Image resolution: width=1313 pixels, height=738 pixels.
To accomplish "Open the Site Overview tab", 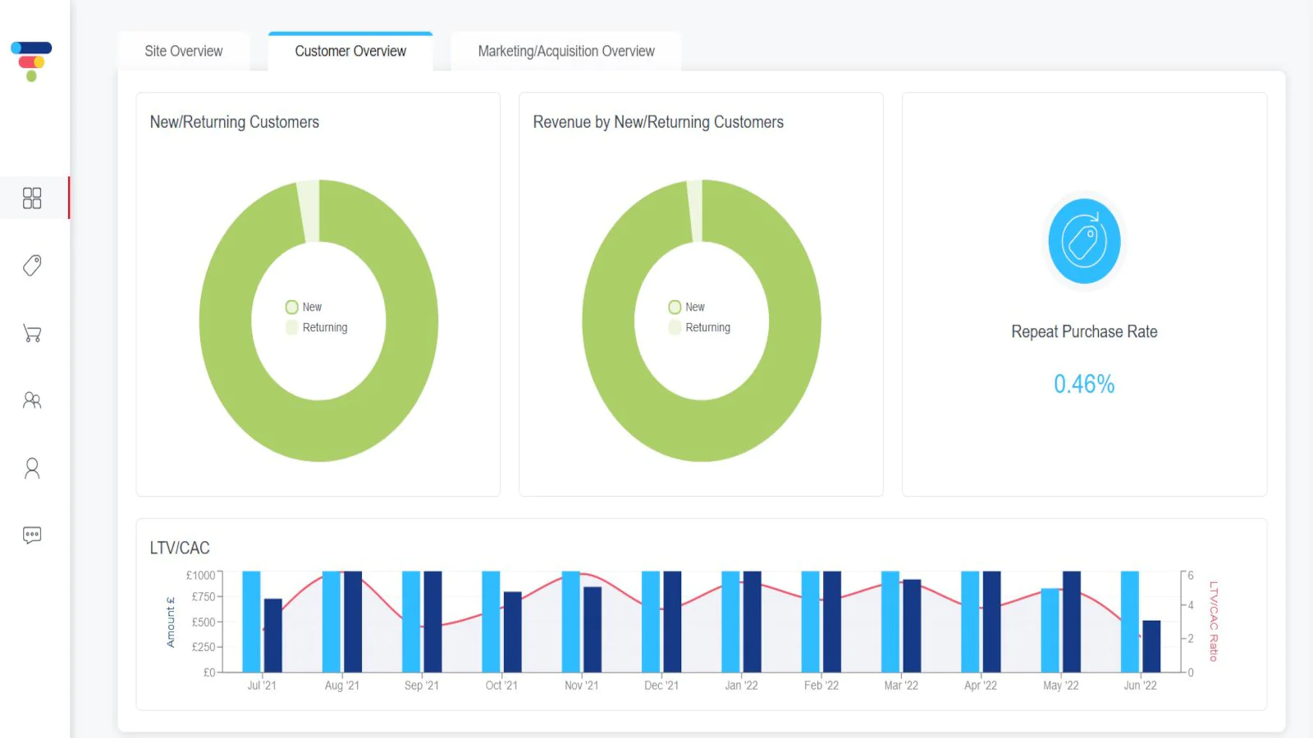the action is click(184, 51).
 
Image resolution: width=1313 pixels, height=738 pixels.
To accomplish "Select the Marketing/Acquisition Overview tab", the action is click(566, 51).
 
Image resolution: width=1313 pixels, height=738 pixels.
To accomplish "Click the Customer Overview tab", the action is click(350, 51).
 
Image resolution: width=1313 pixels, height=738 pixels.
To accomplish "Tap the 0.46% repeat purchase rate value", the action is click(1084, 385).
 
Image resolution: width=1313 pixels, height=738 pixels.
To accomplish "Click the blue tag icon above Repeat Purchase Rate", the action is click(1084, 241).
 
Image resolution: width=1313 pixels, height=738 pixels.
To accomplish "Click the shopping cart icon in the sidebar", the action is click(32, 333).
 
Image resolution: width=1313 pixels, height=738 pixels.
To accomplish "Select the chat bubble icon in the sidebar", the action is click(32, 535).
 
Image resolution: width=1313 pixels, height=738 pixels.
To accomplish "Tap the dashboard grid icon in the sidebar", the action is click(32, 198).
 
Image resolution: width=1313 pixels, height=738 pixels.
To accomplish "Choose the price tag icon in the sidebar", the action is click(32, 266).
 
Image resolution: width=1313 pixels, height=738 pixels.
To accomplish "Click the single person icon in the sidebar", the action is click(32, 468).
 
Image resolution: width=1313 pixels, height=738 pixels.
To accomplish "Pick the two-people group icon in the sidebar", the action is click(32, 400).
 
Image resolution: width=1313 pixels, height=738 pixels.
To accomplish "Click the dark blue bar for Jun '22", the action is click(1151, 646).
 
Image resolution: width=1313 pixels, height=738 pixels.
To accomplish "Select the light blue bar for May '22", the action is click(1050, 631).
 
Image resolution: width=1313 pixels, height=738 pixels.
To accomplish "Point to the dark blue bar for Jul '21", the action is click(272, 635).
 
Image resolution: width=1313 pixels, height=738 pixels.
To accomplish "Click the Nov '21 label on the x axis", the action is click(582, 686).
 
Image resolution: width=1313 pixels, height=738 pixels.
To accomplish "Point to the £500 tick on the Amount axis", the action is click(204, 622).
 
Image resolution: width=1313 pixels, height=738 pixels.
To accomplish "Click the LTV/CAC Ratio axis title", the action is click(1214, 622).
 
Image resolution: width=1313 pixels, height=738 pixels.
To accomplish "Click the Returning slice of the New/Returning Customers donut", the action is click(309, 211).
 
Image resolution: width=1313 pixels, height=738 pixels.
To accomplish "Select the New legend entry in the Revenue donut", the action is click(686, 307).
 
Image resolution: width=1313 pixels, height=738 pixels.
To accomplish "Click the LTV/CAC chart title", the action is click(180, 548).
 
